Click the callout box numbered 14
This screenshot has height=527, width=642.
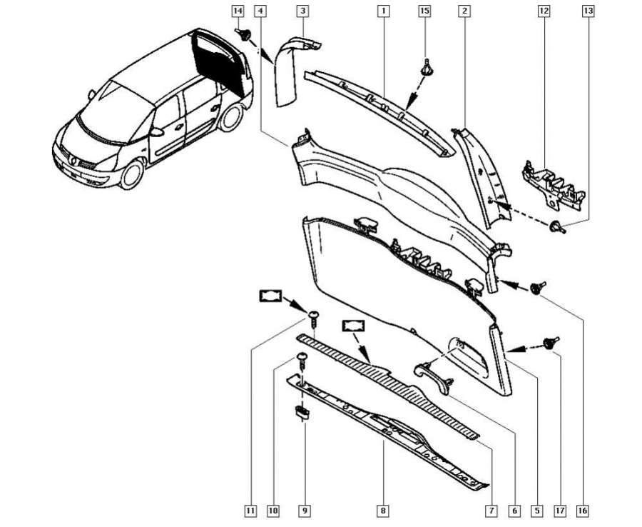(238, 11)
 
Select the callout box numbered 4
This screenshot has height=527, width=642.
(260, 11)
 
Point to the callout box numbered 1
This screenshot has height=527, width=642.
(384, 11)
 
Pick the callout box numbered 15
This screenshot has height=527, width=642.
(424, 11)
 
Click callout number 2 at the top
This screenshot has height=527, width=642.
(464, 11)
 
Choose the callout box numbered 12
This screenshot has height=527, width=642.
(544, 11)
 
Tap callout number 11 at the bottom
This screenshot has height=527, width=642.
(250, 511)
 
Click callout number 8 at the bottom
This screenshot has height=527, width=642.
(384, 511)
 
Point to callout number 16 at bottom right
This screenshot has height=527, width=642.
(583, 511)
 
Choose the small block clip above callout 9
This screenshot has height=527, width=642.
(302, 411)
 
